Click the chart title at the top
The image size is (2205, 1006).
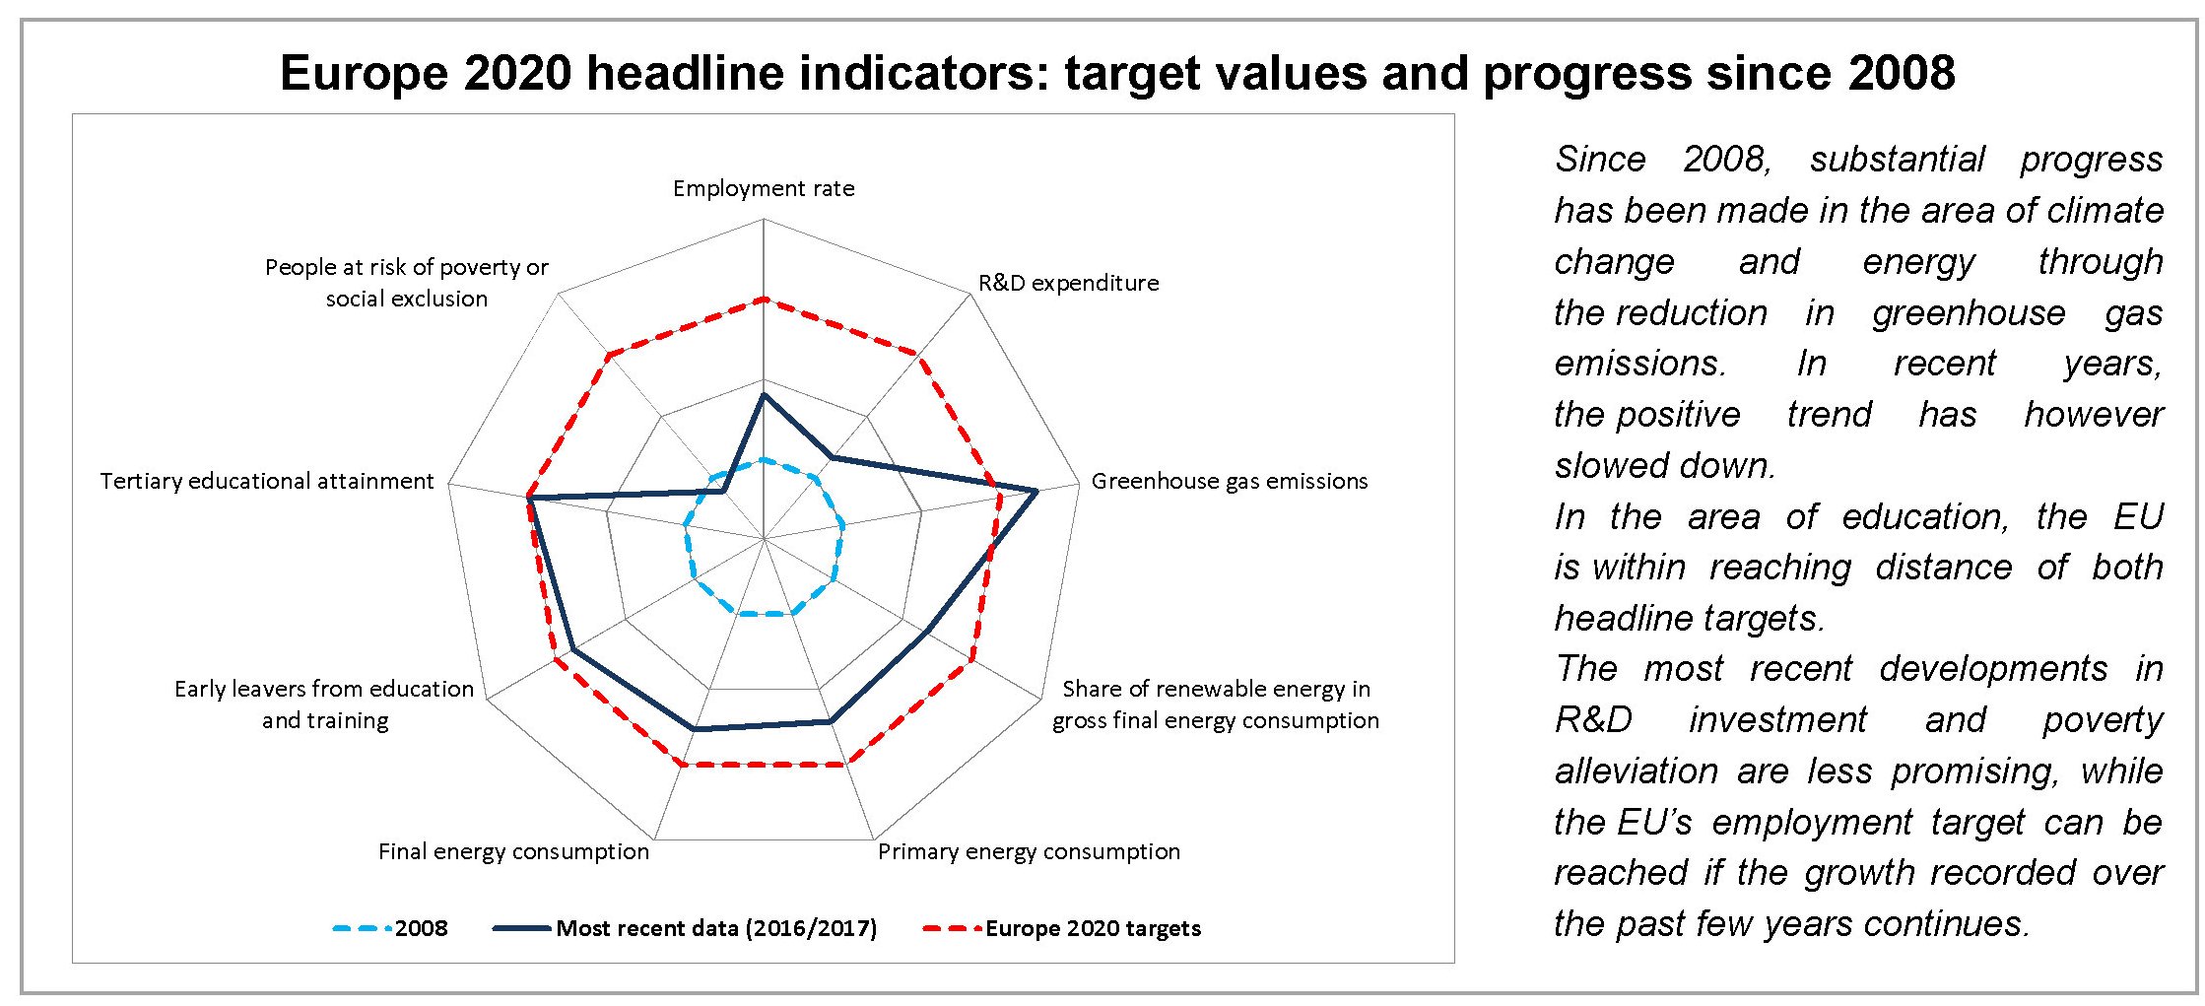coord(1116,74)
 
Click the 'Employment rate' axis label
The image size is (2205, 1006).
coord(764,188)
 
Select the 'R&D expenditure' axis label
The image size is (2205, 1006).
coord(1068,283)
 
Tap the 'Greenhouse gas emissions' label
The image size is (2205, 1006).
coord(1229,481)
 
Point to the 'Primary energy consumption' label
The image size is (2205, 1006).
coord(1029,851)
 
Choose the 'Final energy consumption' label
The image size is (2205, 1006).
coord(513,851)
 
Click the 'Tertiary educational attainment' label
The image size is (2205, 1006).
coord(266,481)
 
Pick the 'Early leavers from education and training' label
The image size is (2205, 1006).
coord(324,704)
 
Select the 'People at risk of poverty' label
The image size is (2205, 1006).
coord(406,282)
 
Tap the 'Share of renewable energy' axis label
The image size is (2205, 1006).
coord(1215,704)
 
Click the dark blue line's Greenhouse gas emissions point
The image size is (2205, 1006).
coord(1036,490)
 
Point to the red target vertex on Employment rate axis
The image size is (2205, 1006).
coord(764,299)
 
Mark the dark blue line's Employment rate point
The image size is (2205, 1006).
coord(764,394)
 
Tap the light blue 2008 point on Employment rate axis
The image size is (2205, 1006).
coord(764,459)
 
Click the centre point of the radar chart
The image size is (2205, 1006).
coord(764,539)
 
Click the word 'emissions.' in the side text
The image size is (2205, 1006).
coord(1639,364)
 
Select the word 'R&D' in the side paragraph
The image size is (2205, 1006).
coord(1592,720)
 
